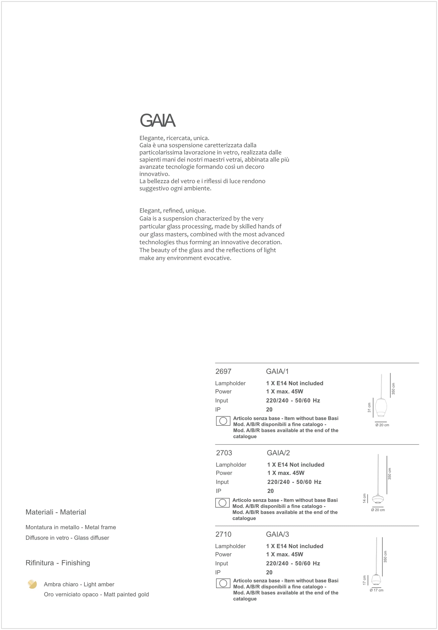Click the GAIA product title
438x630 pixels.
coord(157,121)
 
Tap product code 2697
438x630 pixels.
coord(223,371)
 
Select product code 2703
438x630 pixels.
coord(224,453)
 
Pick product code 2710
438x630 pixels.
coord(223,534)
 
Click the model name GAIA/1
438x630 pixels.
coord(277,371)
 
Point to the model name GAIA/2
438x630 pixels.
coord(278,453)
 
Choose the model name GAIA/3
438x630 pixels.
coord(277,534)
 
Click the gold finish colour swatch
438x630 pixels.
coord(32,584)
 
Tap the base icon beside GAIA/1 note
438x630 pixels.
coord(223,421)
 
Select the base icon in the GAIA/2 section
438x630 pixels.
coord(222,503)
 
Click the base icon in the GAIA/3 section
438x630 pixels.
coord(223,583)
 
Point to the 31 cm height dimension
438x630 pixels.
coord(369,407)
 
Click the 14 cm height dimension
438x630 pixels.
coord(365,498)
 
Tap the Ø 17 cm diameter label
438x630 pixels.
coord(376,590)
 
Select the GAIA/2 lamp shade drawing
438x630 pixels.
coord(378,499)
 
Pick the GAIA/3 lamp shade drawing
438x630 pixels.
coord(375,579)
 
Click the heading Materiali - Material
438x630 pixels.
coord(56,512)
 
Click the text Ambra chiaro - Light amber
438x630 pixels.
coord(79,584)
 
